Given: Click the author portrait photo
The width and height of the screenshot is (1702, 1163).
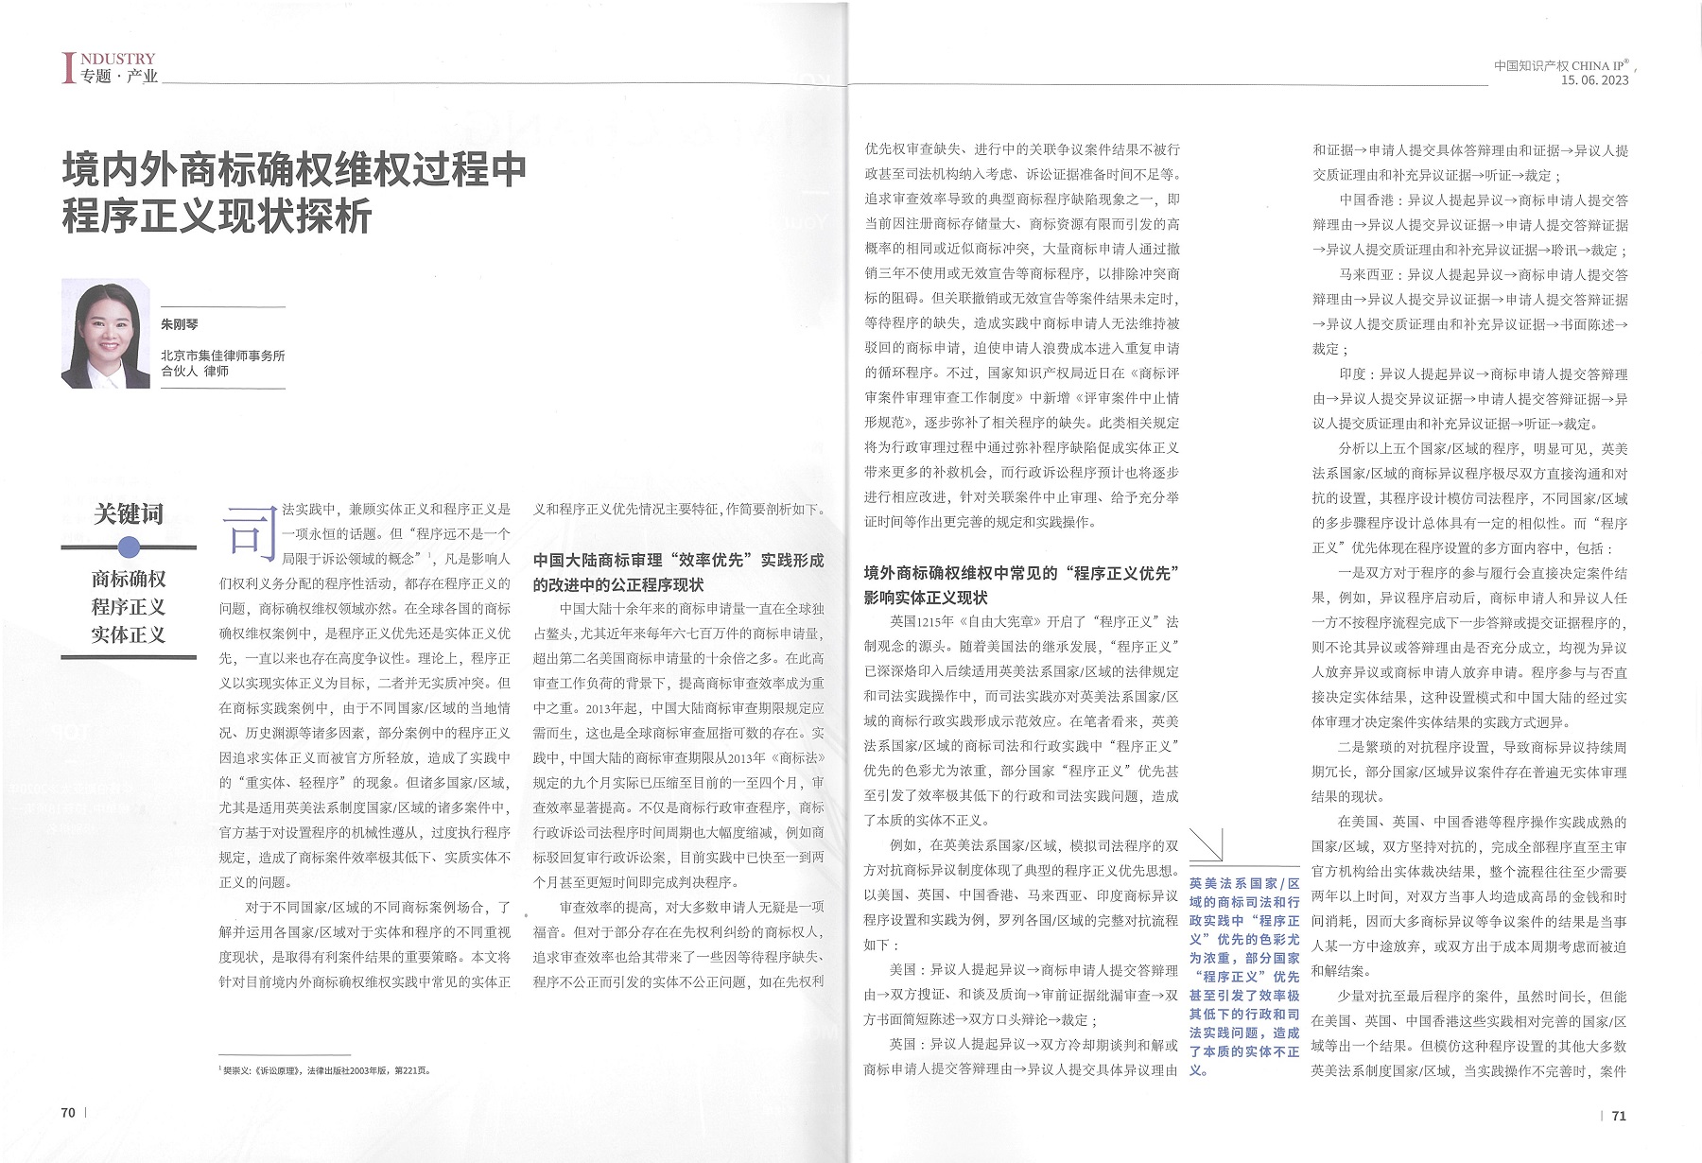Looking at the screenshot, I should pyautogui.click(x=105, y=333).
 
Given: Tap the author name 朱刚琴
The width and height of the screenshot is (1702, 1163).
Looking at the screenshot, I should pyautogui.click(x=180, y=324).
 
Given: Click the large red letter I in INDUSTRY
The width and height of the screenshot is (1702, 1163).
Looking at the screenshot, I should pyautogui.click(x=67, y=68).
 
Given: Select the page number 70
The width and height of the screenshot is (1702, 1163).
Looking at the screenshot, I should pyautogui.click(x=68, y=1113).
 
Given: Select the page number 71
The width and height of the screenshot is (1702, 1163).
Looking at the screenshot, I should pyautogui.click(x=1619, y=1116).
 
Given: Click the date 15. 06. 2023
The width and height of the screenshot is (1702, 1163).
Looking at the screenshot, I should pyautogui.click(x=1595, y=81).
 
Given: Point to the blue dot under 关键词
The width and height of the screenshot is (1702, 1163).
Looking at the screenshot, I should pyautogui.click(x=130, y=547).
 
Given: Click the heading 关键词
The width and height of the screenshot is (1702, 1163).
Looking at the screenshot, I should pyautogui.click(x=129, y=514).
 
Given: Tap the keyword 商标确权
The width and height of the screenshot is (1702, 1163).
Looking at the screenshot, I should pyautogui.click(x=129, y=579).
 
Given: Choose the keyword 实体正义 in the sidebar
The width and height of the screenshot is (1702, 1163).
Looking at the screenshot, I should pyautogui.click(x=129, y=634).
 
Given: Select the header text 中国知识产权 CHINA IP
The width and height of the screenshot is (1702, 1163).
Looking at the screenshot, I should pyautogui.click(x=1561, y=65).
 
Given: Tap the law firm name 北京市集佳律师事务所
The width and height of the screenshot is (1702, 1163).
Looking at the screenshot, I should pyautogui.click(x=222, y=356).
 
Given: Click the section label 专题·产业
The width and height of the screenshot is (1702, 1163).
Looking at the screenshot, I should pyautogui.click(x=119, y=77).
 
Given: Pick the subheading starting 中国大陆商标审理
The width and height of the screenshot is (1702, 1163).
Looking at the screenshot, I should pyautogui.click(x=678, y=572).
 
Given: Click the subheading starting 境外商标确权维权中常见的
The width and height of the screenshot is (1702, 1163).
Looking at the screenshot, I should pyautogui.click(x=1020, y=584).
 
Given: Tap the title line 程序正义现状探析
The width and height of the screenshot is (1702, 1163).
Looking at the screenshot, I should pyautogui.click(x=217, y=217).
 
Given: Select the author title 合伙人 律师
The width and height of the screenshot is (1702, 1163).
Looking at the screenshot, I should pyautogui.click(x=195, y=372).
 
